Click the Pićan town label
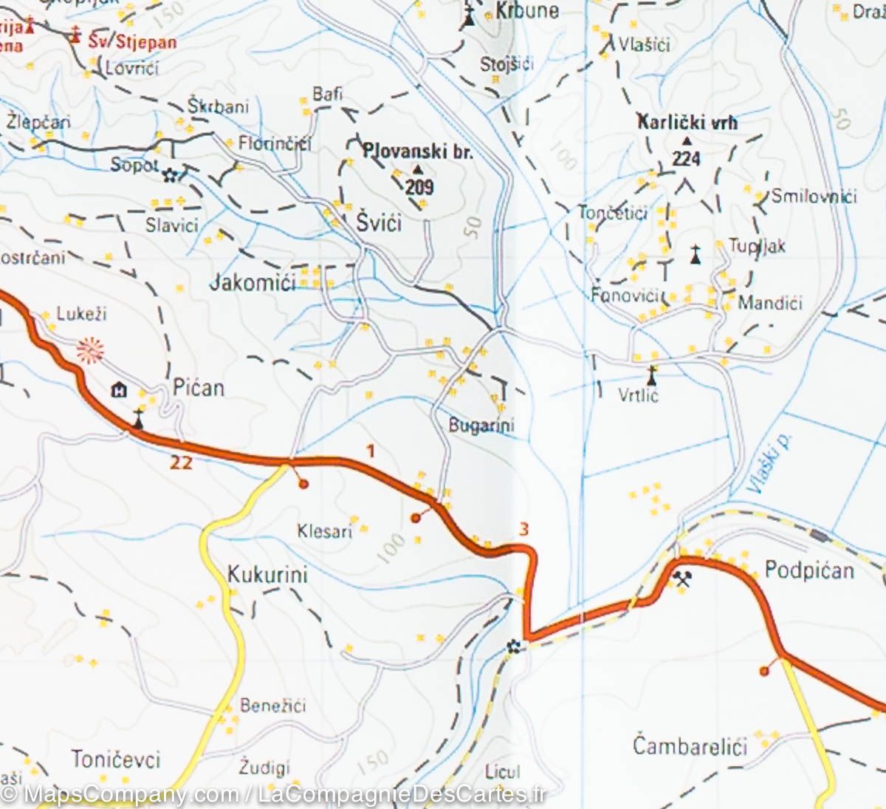(198, 388)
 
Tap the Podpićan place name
(808, 570)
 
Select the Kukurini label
(267, 575)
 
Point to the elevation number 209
(419, 186)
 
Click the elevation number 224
(686, 158)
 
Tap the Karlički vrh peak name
(687, 123)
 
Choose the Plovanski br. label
(417, 151)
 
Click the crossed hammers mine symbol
(682, 579)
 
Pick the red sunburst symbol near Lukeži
(90, 349)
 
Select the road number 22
(181, 462)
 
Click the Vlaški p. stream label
(769, 462)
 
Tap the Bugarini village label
(481, 426)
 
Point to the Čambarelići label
(690, 745)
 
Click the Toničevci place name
(116, 759)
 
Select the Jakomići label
(253, 282)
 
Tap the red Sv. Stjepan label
(132, 41)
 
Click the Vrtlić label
(638, 395)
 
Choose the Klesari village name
(324, 530)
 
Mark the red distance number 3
(523, 529)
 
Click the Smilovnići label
(814, 197)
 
